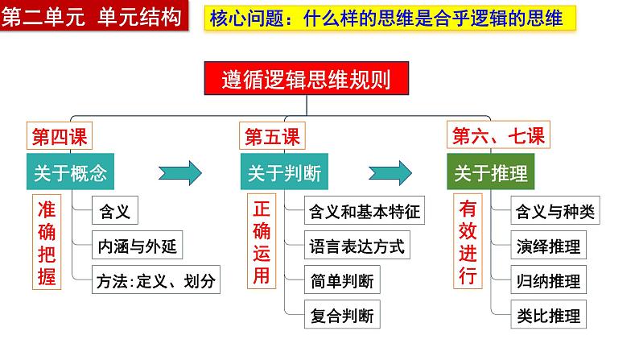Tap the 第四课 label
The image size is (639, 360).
(60, 136)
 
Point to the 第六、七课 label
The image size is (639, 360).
(498, 135)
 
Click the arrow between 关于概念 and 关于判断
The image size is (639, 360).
(179, 172)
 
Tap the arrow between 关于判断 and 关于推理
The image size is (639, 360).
(391, 172)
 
